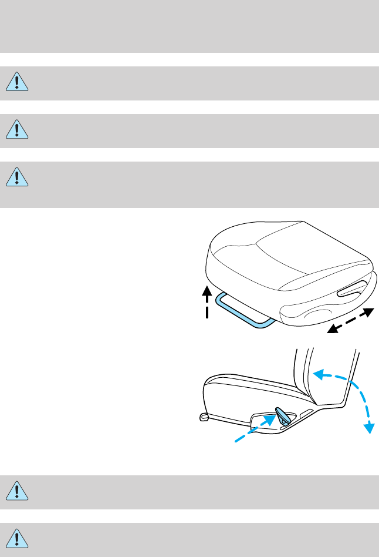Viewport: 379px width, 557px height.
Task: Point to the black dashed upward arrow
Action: [207, 303]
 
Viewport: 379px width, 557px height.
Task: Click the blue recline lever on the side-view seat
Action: [283, 415]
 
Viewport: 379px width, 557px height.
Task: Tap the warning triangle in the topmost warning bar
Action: [18, 83]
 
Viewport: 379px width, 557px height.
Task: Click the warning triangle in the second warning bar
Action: [18, 130]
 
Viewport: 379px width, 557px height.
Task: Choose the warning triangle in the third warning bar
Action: [18, 177]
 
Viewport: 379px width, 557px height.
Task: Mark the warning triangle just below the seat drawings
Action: [18, 492]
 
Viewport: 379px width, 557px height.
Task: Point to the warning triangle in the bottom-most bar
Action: [18, 539]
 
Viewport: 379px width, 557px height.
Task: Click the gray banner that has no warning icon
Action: [189, 26]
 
